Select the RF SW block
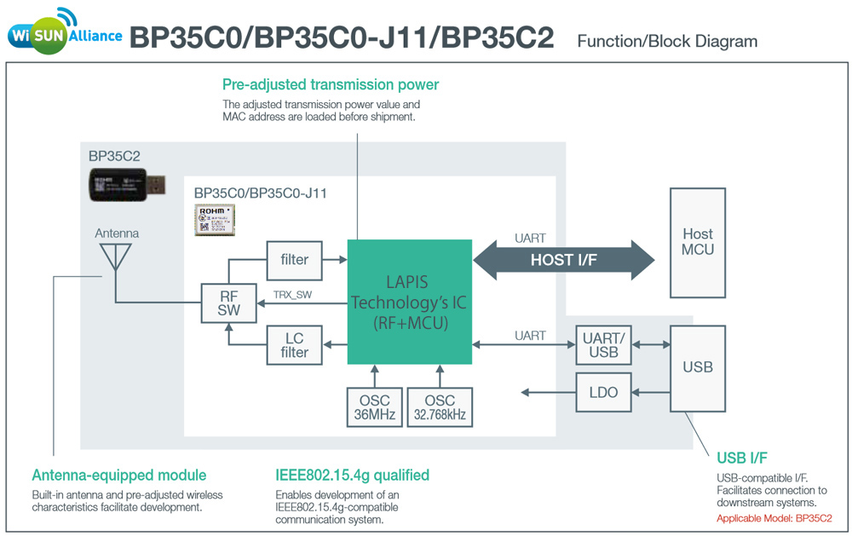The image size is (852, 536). click(x=228, y=303)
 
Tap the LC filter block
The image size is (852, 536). click(x=295, y=344)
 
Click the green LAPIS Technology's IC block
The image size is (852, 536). click(x=409, y=301)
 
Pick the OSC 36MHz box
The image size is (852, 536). click(x=373, y=406)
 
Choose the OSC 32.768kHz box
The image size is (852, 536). click(x=440, y=406)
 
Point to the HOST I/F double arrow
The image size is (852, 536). click(x=564, y=260)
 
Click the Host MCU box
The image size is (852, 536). click(x=698, y=242)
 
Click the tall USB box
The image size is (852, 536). click(x=698, y=367)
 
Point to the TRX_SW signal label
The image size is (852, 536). click(x=291, y=296)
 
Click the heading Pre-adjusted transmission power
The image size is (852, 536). click(x=331, y=84)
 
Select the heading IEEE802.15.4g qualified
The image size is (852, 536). click(x=352, y=475)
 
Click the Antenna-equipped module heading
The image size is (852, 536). click(x=119, y=475)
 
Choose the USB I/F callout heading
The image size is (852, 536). click(x=743, y=458)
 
